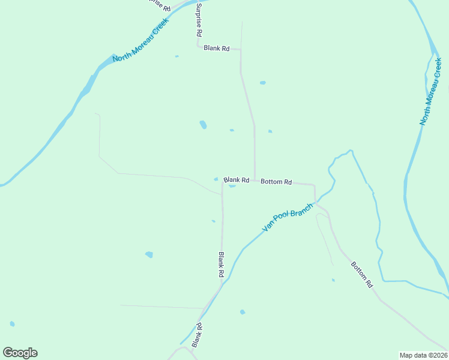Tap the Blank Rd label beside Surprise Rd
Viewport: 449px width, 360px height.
217,48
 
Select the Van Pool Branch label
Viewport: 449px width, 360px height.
288,218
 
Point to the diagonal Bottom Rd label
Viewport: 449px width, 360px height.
362,275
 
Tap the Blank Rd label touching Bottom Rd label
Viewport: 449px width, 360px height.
236,179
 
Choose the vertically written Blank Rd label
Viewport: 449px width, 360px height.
221,264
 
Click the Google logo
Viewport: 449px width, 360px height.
20,353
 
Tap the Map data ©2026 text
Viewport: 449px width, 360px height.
423,355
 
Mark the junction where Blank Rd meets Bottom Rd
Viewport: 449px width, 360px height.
255,180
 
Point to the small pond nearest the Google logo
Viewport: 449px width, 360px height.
12,324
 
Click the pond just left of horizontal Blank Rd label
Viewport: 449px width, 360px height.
216,179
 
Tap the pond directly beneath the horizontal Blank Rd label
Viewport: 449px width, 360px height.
232,185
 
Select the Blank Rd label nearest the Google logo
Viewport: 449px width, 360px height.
196,335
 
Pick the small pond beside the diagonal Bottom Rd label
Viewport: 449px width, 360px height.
333,280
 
